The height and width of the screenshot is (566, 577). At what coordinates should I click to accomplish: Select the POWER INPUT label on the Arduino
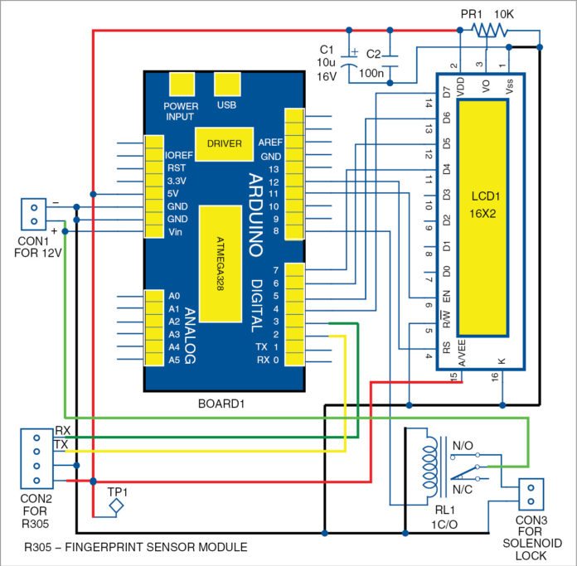point(181,111)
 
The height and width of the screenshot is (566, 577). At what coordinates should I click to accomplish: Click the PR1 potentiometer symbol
point(487,30)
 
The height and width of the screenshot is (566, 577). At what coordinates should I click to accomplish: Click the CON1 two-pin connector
point(32,213)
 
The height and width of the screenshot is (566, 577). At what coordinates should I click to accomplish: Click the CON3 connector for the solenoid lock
point(529,495)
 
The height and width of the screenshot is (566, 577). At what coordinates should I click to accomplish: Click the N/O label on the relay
point(463,445)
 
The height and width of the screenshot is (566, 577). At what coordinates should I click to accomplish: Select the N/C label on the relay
point(463,490)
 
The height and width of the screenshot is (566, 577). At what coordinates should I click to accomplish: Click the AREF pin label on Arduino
point(270,141)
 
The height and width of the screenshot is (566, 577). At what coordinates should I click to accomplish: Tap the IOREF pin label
point(180,155)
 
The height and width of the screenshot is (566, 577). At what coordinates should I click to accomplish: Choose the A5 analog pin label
point(173,360)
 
